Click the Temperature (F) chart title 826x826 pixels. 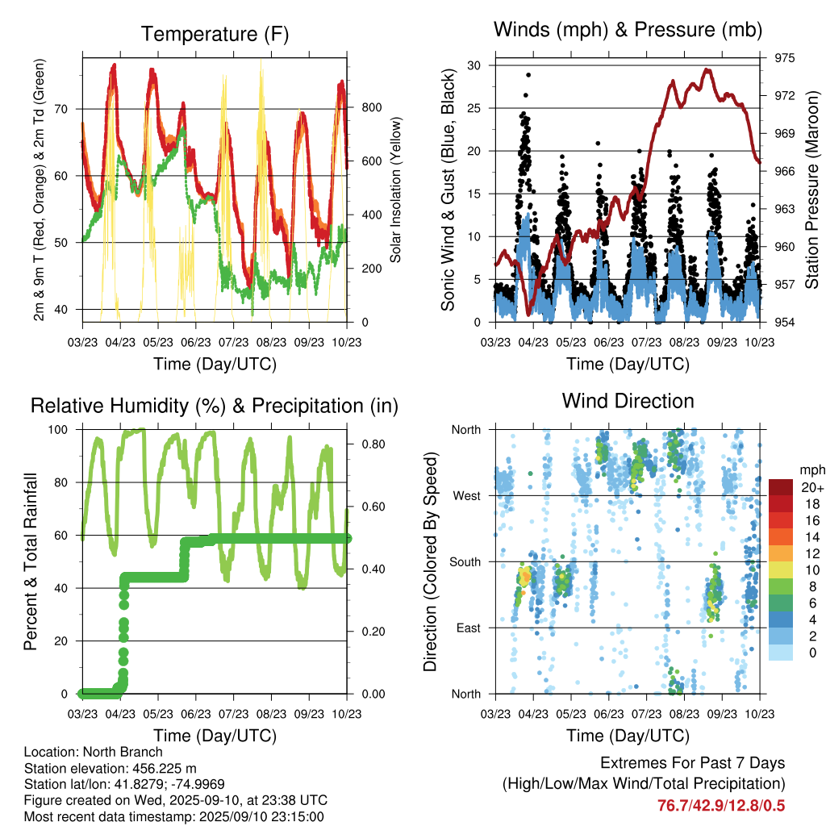click(215, 34)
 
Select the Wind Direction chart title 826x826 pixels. click(628, 401)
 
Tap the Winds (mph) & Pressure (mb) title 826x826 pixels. click(628, 31)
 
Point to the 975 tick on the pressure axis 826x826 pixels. click(785, 58)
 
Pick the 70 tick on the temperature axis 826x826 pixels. click(71, 109)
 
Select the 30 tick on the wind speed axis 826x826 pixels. click(475, 65)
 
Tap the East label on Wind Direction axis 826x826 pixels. click(466, 628)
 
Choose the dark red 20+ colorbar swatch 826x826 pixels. click(781, 487)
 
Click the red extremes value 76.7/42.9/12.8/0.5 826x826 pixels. click(721, 805)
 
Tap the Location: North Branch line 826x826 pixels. click(94, 752)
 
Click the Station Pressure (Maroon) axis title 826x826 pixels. click(812, 190)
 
